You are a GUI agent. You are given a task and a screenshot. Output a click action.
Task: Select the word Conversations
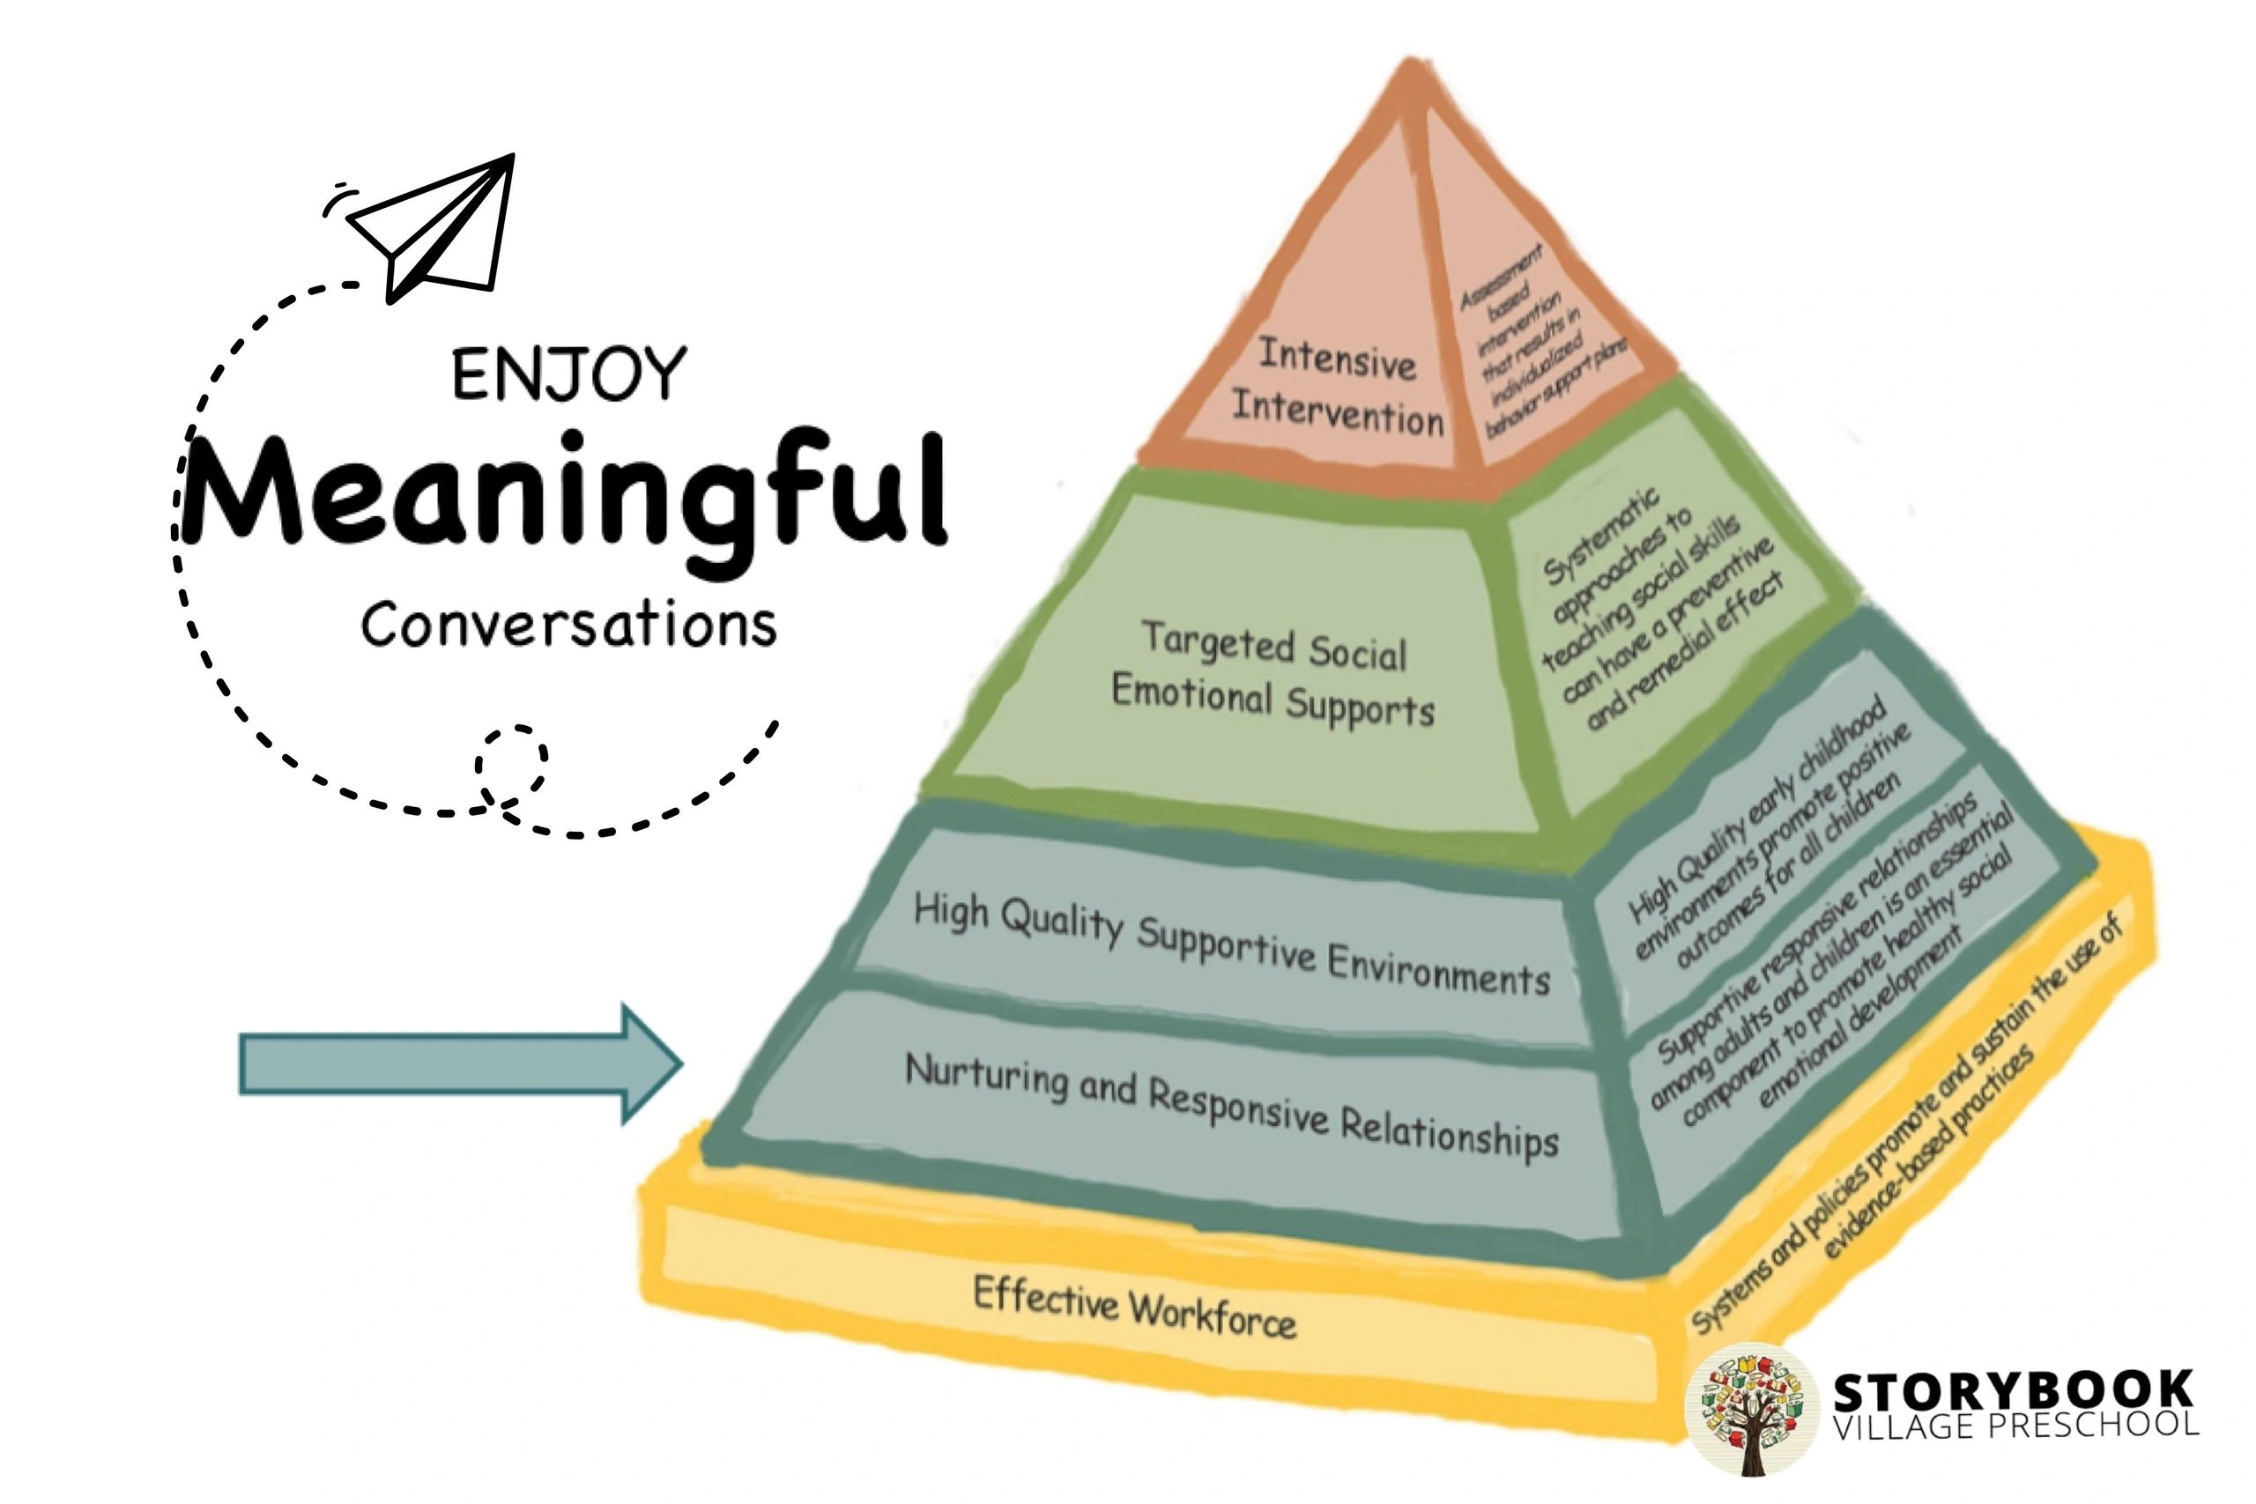(x=568, y=626)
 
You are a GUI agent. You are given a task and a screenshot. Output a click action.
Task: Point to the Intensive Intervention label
(x=1337, y=387)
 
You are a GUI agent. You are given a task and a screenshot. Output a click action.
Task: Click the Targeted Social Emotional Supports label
(x=1273, y=673)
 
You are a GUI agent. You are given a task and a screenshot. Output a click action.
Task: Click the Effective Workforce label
(x=1135, y=1307)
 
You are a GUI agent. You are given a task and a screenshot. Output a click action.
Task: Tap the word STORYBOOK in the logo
(x=2014, y=1391)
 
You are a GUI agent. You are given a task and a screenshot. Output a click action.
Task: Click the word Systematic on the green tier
(x=1600, y=537)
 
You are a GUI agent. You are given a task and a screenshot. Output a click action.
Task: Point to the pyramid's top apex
(x=1409, y=65)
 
